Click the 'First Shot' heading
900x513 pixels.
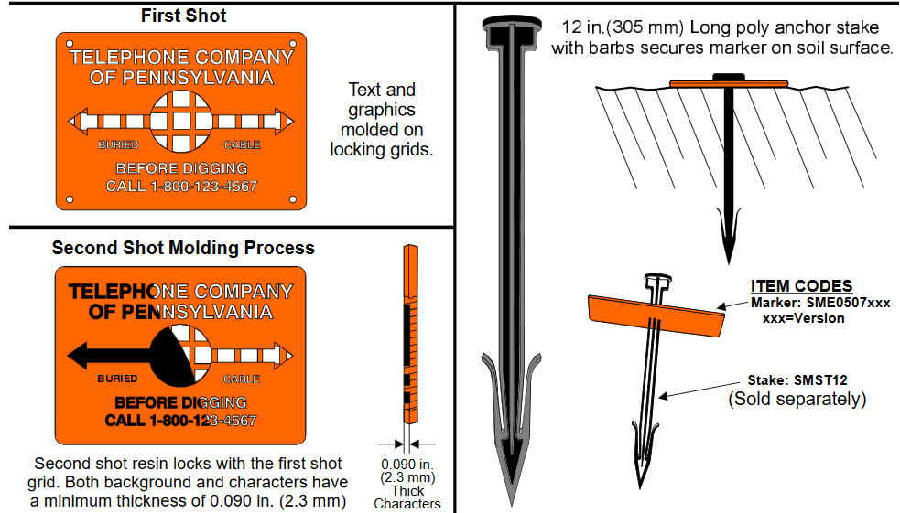[184, 16]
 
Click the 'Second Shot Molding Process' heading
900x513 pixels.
[183, 248]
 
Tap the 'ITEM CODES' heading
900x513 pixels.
[801, 286]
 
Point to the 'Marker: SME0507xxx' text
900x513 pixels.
[820, 303]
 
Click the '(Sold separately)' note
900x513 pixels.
[797, 399]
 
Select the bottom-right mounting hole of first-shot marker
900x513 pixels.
[293, 198]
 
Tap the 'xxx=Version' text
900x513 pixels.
[803, 318]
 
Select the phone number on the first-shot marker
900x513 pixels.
[181, 187]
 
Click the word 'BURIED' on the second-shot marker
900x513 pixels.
[117, 379]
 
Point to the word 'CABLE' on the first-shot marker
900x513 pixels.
[243, 145]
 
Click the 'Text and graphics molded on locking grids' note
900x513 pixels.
[381, 120]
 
